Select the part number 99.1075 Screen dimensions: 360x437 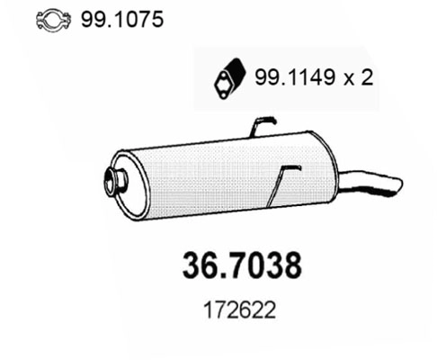[95, 19]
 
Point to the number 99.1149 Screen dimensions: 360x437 [293, 78]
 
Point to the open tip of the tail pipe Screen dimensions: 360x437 [396, 187]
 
